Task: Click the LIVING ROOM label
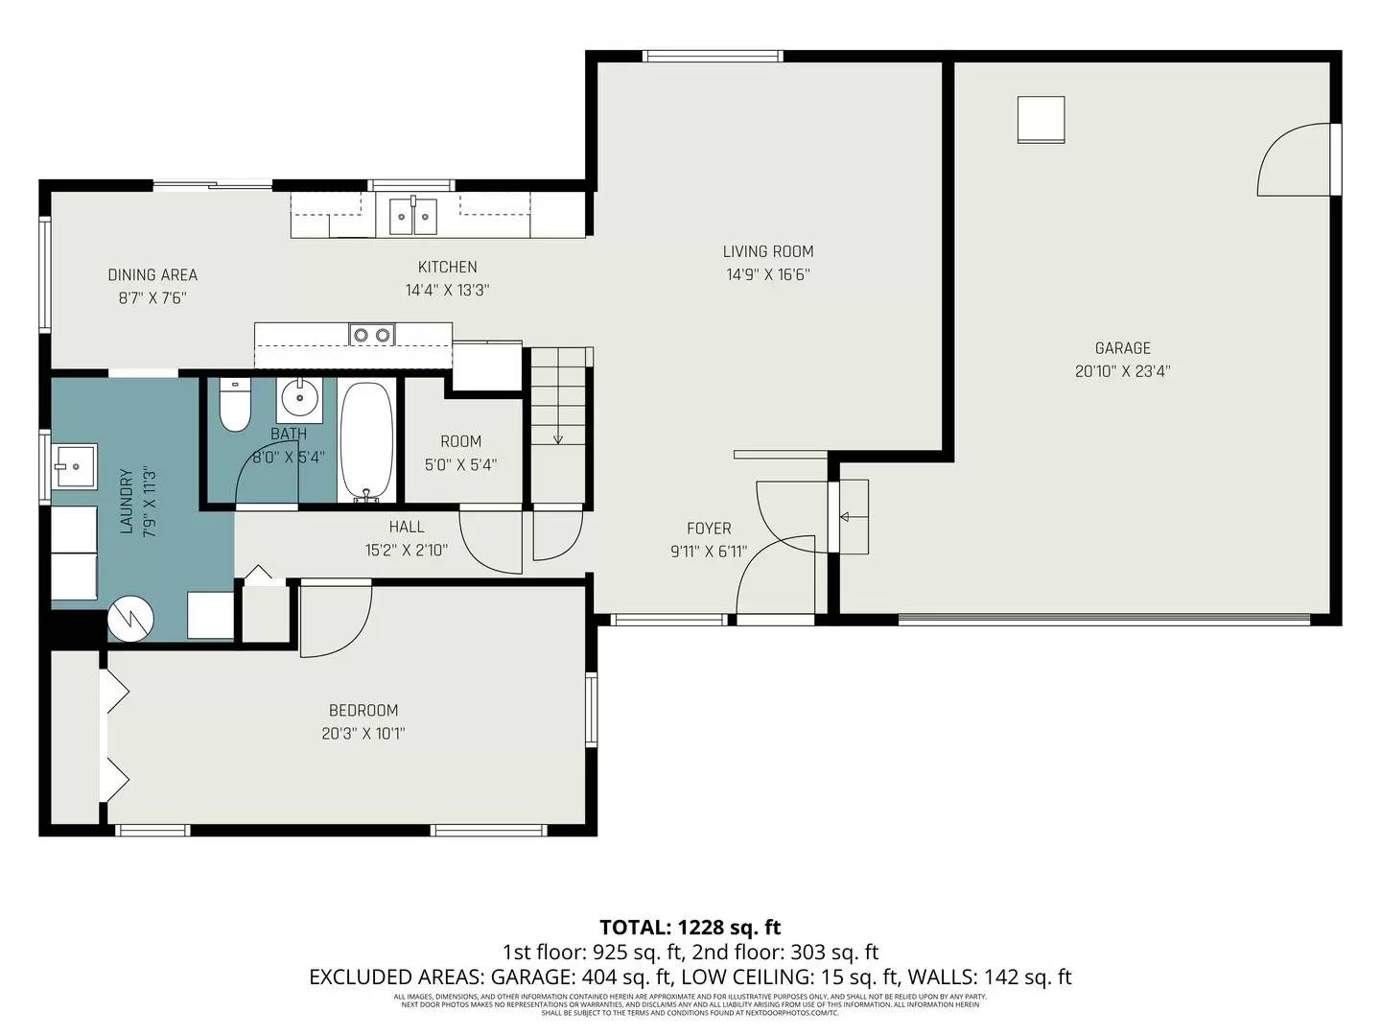(x=767, y=251)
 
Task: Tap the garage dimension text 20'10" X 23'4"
(x=1122, y=371)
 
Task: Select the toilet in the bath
(x=234, y=407)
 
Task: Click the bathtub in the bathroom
(x=366, y=440)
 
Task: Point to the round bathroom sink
(x=300, y=396)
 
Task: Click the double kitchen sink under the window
(x=413, y=216)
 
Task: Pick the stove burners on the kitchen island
(x=371, y=335)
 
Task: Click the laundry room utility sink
(x=74, y=468)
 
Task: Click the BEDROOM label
(x=363, y=711)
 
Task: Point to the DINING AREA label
(x=152, y=275)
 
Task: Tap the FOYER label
(x=709, y=529)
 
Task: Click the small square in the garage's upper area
(x=1041, y=119)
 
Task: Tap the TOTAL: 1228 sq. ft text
(x=690, y=927)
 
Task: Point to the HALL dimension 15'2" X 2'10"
(x=407, y=551)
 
